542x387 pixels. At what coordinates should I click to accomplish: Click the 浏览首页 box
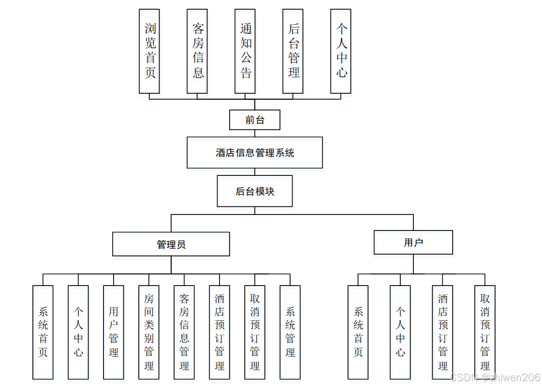(x=149, y=51)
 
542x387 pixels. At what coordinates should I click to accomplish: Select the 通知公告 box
(x=245, y=51)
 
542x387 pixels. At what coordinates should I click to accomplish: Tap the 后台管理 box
(x=293, y=51)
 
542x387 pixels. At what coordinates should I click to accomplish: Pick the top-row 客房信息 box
(x=197, y=51)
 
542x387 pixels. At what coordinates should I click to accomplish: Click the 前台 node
(x=254, y=120)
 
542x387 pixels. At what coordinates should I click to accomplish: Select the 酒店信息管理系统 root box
(x=254, y=153)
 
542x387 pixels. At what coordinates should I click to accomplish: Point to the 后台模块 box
(x=254, y=191)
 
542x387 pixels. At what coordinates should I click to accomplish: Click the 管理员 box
(x=171, y=244)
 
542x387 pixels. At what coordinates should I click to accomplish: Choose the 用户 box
(x=413, y=243)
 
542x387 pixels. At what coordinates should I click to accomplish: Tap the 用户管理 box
(x=114, y=332)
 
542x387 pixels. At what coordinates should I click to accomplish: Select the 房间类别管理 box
(x=149, y=332)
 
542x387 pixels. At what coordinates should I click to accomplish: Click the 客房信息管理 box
(x=184, y=332)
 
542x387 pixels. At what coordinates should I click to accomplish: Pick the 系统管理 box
(x=290, y=332)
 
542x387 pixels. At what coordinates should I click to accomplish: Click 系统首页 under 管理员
(x=43, y=332)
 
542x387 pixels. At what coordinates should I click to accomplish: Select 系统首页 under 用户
(x=358, y=332)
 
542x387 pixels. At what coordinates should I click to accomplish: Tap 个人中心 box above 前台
(x=340, y=51)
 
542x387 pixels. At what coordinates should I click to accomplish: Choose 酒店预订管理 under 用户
(x=442, y=332)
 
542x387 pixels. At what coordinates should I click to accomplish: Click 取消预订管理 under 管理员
(x=255, y=332)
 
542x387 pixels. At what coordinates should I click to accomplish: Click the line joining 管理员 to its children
(x=171, y=265)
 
